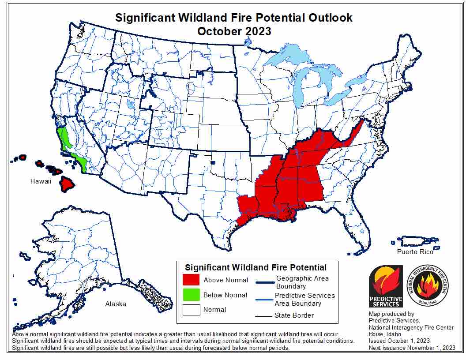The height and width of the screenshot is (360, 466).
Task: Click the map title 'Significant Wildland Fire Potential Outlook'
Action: [x=234, y=18]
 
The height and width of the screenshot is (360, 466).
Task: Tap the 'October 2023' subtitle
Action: [x=234, y=31]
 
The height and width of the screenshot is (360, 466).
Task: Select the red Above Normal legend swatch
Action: [x=191, y=280]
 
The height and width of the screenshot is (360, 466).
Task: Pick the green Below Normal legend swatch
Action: [x=191, y=295]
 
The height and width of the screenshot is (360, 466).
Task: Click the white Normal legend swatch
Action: [x=191, y=310]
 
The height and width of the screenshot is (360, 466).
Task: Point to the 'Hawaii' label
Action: [x=41, y=181]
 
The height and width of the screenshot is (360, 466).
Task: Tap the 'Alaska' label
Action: [x=116, y=304]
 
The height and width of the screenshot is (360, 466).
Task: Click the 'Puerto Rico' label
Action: [x=415, y=252]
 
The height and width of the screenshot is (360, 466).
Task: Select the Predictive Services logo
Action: [x=386, y=286]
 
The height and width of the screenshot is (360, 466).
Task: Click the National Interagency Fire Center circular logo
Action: [x=427, y=286]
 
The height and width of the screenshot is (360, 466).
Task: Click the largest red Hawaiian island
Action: [x=68, y=184]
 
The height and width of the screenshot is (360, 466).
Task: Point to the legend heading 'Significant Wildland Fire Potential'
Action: [x=256, y=268]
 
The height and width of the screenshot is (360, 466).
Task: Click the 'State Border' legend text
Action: [x=294, y=315]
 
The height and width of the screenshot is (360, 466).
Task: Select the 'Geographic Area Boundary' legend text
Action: [x=302, y=282]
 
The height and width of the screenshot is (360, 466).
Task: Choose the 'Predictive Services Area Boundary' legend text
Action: [x=304, y=299]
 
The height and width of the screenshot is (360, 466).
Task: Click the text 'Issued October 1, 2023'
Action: [x=399, y=341]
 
